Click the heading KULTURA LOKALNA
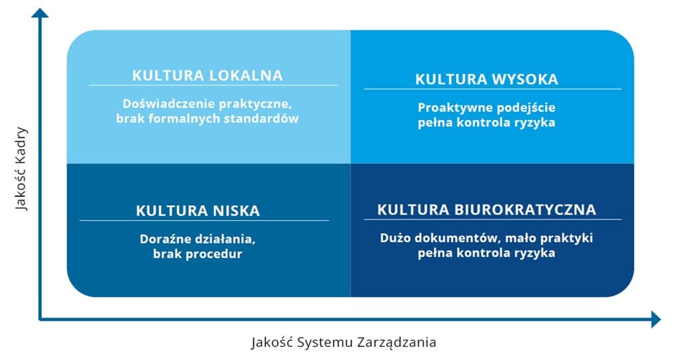point(208,75)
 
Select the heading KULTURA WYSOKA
point(487,80)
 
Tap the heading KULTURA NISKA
point(198,211)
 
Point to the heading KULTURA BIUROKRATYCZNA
point(487,210)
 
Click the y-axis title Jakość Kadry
point(21,169)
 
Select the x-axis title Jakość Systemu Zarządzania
point(344,342)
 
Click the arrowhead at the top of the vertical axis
point(40,13)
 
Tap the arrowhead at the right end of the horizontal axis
point(656,320)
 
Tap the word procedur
point(215,254)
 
